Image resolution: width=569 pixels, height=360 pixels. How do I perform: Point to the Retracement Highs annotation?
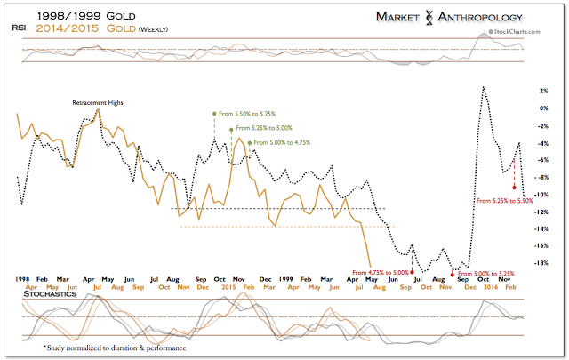click(97, 103)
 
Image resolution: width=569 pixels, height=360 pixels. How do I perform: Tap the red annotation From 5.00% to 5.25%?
click(484, 274)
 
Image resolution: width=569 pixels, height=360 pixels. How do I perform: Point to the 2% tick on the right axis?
click(541, 91)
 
